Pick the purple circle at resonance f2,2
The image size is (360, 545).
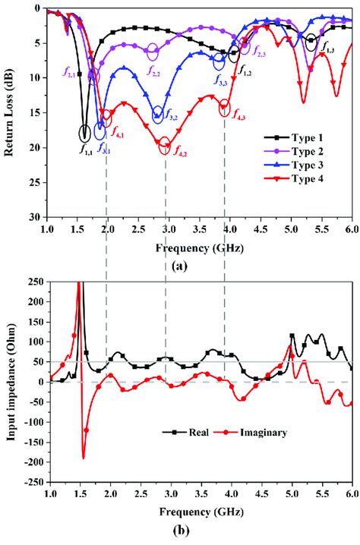pyautogui.click(x=153, y=51)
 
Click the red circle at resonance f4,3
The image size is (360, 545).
pyautogui.click(x=225, y=109)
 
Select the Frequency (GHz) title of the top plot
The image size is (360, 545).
pyautogui.click(x=200, y=247)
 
